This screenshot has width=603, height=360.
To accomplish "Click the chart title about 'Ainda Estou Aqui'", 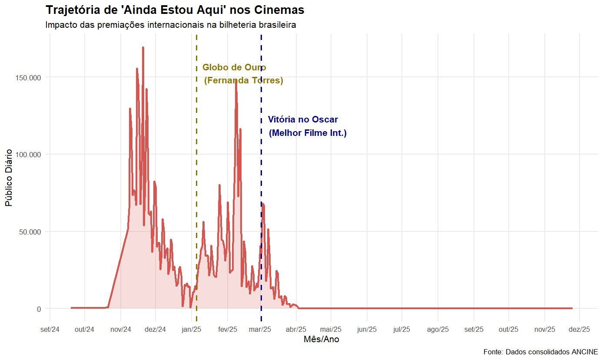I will (175, 10).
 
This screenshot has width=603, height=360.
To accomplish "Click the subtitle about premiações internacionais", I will (170, 25).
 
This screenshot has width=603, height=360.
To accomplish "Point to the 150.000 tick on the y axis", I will (29, 77).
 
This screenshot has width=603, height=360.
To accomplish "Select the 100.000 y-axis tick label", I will (29, 155).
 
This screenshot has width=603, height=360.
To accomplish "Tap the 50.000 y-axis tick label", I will (30, 231).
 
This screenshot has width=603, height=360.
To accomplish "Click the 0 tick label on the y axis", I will (39, 309).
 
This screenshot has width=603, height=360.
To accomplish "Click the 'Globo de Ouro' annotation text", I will (234, 68).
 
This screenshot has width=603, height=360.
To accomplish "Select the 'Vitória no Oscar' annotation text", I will (303, 120).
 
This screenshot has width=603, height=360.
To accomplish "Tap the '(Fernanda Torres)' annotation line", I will (244, 81).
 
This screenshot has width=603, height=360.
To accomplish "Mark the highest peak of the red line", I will (143, 47).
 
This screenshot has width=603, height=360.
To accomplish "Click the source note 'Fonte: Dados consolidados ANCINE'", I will (540, 351).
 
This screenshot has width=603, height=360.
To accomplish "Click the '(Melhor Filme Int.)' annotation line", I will (308, 133).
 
